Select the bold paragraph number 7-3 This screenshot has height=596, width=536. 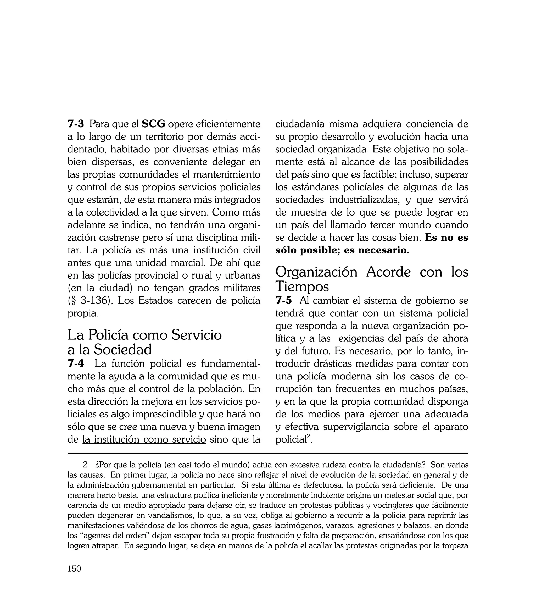tap(76, 124)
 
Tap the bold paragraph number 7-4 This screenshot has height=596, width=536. tap(76, 363)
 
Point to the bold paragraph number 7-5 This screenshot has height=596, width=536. tap(284, 301)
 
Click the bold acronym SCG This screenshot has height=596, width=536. tap(153, 124)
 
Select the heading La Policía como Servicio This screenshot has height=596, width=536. tap(145, 335)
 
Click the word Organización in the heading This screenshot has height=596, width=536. tap(316, 272)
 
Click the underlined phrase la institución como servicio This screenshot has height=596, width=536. tap(144, 439)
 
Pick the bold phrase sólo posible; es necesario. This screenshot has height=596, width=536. tap(342, 250)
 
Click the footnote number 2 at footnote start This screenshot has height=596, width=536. tap(85, 465)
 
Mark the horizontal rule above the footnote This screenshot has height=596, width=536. tap(268, 453)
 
